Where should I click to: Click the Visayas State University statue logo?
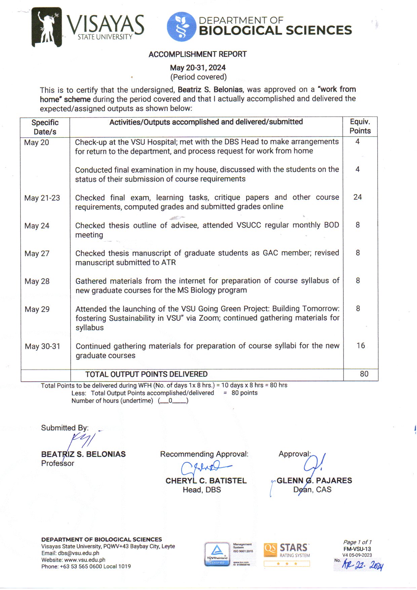click(46, 27)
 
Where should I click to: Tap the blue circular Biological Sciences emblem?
click(181, 27)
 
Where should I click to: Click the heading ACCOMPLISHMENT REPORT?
click(198, 54)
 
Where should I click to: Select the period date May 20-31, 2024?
click(198, 68)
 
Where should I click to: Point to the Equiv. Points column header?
click(360, 126)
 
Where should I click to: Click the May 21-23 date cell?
click(42, 198)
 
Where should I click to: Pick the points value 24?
click(357, 197)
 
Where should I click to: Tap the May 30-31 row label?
click(42, 346)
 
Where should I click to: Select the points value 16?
click(361, 346)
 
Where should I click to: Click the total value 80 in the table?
click(364, 374)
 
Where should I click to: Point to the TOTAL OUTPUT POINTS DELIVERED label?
click(146, 374)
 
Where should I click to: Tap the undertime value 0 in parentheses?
click(170, 401)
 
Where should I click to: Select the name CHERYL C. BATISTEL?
click(206, 481)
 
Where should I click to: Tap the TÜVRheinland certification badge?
click(217, 554)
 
